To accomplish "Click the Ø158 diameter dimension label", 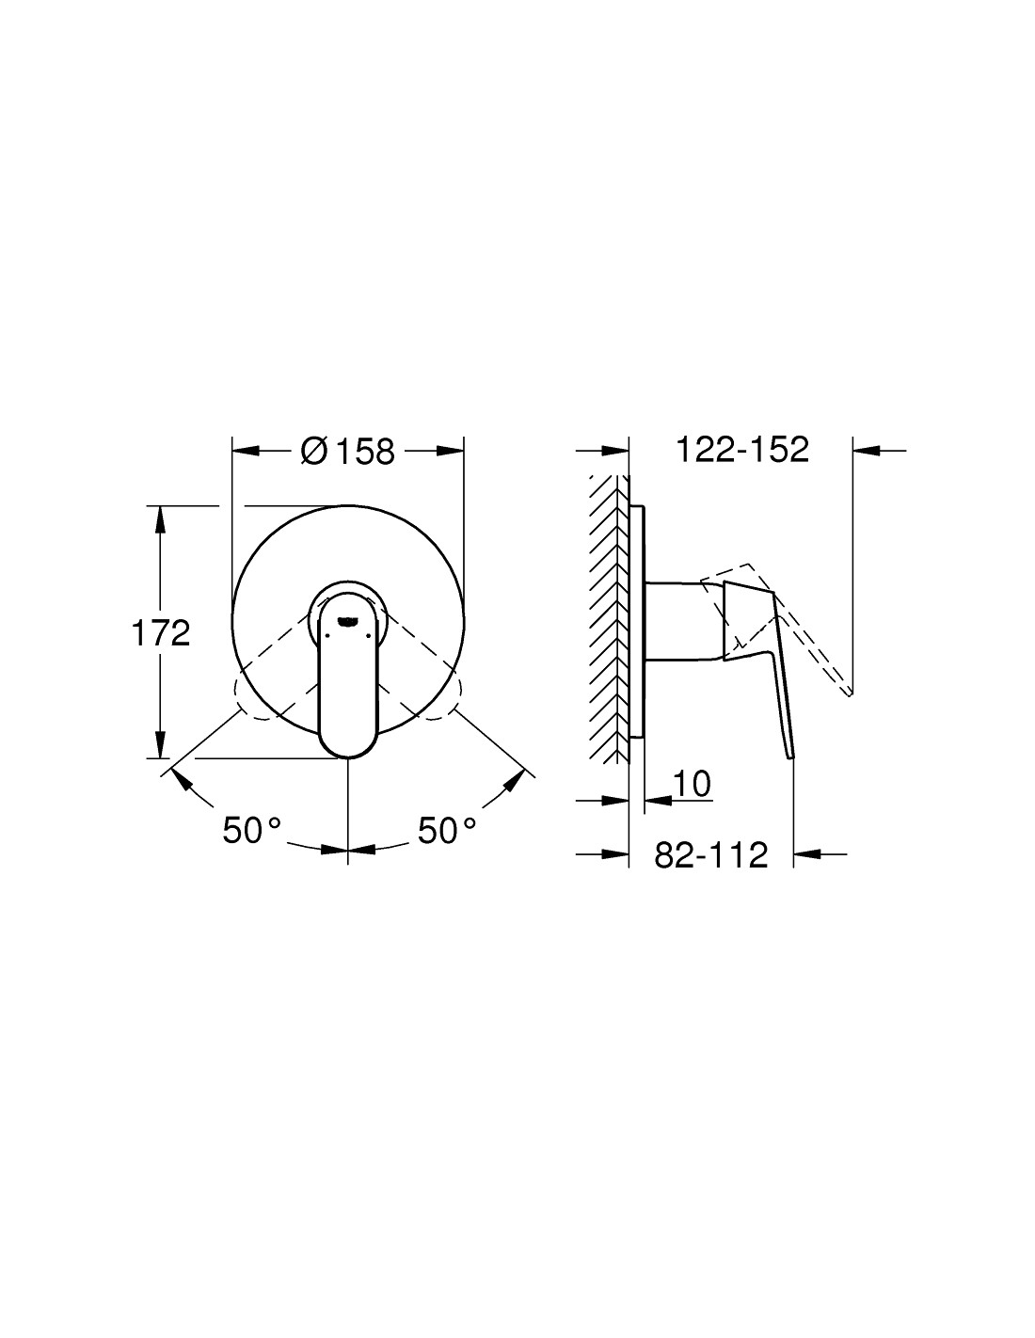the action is (347, 452).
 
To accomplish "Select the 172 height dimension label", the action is (161, 633).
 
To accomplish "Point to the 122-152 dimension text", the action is (742, 450).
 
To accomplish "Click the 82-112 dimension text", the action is (711, 854).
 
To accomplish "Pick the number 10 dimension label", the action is (692, 784).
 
